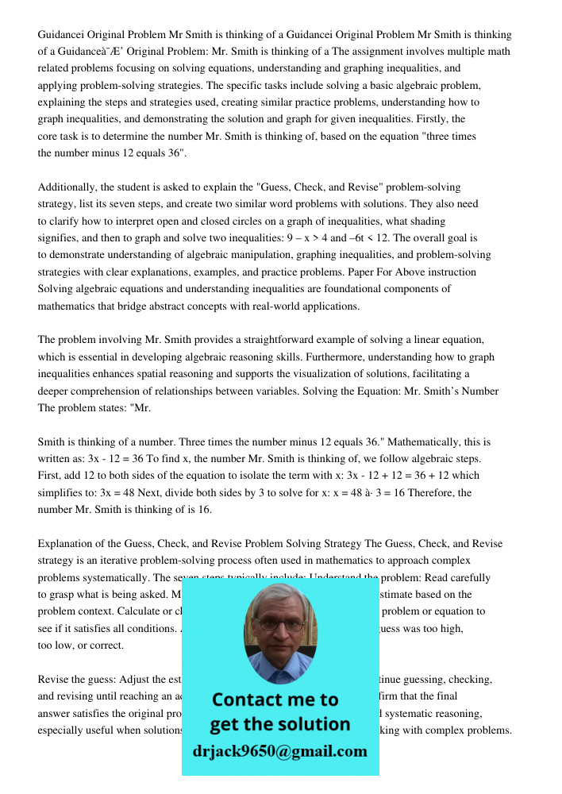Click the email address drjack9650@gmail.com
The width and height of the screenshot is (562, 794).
point(279,751)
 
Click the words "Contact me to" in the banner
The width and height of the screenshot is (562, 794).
point(275,700)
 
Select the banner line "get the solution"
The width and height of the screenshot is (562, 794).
point(279,724)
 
